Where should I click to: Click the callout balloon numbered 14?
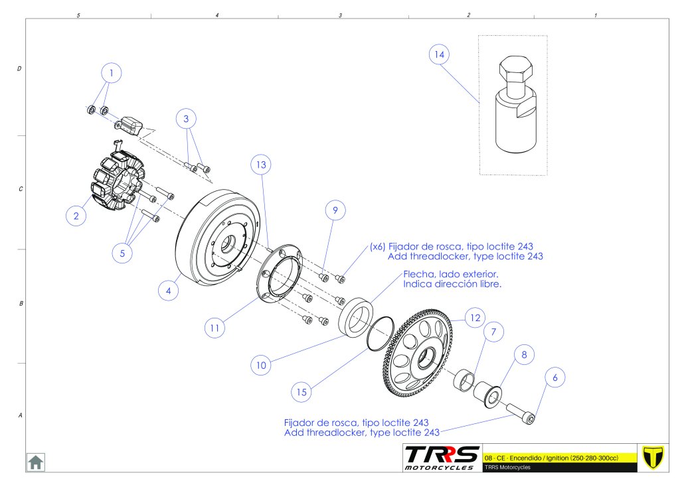[438, 55]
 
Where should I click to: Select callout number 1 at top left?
[112, 72]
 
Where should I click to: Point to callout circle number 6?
[555, 378]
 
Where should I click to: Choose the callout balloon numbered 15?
[302, 392]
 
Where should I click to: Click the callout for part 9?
[335, 211]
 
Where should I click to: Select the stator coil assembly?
[116, 182]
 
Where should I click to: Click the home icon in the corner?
[35, 461]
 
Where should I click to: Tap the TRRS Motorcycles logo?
[442, 458]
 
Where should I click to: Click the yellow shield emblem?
[655, 456]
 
